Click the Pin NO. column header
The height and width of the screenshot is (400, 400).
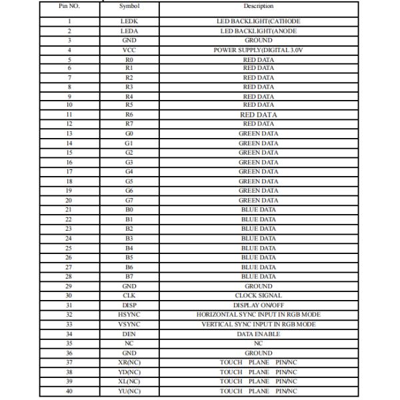point(69,6)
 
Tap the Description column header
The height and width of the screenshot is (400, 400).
point(258,6)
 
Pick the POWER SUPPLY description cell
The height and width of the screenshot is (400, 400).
point(258,49)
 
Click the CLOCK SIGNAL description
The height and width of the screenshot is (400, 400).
point(258,295)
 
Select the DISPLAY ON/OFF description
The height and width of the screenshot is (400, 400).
point(258,305)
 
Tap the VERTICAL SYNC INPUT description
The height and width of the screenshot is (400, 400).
point(258,324)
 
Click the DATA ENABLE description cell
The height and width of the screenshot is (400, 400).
point(258,333)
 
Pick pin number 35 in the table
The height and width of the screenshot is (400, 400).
point(69,343)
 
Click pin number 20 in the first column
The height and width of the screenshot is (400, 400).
point(69,200)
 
